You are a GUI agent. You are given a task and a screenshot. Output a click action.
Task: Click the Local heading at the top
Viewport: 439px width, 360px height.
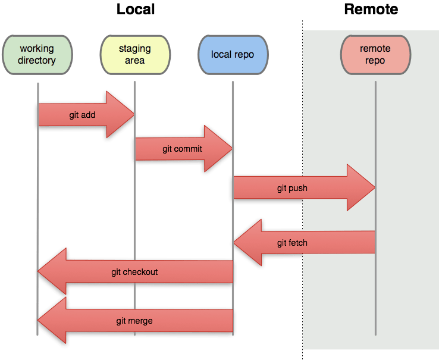click(136, 9)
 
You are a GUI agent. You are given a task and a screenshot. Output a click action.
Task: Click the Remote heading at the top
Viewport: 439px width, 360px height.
click(371, 9)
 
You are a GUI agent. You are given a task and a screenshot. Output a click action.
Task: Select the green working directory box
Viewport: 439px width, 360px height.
click(37, 54)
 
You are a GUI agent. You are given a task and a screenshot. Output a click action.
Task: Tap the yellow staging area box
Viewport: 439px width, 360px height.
click(134, 54)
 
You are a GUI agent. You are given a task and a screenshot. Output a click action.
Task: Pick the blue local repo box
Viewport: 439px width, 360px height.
click(233, 54)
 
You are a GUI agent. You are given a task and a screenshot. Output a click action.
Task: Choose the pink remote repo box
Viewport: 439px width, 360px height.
click(375, 54)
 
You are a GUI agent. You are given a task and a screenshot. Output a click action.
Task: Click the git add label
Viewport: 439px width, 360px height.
click(82, 115)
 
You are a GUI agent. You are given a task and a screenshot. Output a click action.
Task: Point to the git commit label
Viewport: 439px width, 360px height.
click(182, 149)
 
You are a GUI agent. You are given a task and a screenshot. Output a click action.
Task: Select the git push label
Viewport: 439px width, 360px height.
click(292, 188)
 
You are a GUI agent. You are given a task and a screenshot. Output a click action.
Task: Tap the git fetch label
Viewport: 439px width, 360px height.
click(292, 243)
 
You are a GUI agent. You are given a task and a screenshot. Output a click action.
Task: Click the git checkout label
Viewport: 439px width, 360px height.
click(134, 272)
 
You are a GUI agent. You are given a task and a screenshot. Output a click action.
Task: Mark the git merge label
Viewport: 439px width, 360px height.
click(134, 321)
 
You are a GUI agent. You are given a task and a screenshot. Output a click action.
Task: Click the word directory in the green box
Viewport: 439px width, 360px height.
click(37, 60)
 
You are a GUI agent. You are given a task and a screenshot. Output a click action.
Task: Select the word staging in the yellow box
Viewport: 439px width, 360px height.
click(134, 49)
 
